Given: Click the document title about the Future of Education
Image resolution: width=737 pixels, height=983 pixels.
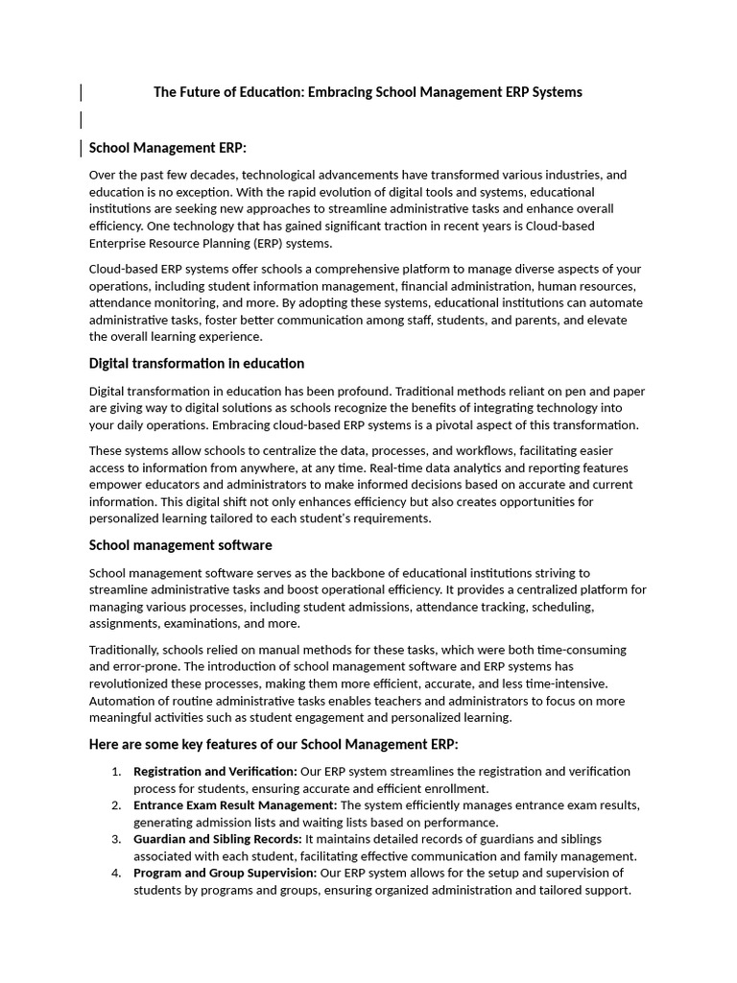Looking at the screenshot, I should tap(368, 92).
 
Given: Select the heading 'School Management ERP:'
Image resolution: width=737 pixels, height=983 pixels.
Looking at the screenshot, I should tap(168, 148).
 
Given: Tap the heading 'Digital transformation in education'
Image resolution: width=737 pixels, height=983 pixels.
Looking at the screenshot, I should tap(197, 364).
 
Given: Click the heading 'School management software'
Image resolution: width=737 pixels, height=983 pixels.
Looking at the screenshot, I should tap(180, 545).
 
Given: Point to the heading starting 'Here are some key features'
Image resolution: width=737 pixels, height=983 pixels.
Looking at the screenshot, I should tap(273, 744).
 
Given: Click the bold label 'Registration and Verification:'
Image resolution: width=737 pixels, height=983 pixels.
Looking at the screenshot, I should tap(215, 771).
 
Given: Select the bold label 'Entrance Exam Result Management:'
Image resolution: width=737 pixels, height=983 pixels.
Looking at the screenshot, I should tap(235, 805).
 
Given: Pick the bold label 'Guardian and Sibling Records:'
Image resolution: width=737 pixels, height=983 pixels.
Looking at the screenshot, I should tap(218, 839).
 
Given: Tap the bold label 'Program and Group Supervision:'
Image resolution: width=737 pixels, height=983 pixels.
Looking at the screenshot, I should tap(225, 873).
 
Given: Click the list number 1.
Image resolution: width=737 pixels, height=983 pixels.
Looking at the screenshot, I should tap(115, 771).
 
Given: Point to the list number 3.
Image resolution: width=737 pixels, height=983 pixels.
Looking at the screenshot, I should tap(115, 839).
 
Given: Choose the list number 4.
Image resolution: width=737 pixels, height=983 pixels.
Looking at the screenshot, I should tap(115, 873).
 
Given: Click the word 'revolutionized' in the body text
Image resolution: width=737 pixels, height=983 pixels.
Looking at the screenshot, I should tap(133, 683).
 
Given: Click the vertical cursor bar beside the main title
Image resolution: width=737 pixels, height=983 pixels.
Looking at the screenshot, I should tap(81, 92).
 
